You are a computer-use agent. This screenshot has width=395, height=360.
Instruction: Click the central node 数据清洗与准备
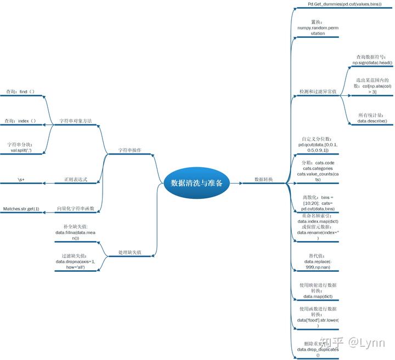point(196,183)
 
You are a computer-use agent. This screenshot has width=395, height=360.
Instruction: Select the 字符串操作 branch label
point(130,150)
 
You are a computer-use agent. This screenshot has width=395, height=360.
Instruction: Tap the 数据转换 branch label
point(263,179)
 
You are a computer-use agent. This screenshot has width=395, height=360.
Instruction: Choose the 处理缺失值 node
point(130,253)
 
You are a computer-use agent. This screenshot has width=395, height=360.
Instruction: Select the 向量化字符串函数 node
point(76,209)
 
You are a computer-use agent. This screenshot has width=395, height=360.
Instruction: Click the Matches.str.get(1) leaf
point(21,209)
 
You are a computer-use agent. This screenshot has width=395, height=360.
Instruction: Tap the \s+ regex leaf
point(21,179)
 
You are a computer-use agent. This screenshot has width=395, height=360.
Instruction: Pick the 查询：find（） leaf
point(20,91)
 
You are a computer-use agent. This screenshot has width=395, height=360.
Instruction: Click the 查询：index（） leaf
point(20,121)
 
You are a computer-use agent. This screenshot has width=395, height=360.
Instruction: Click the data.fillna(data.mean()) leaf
point(75,232)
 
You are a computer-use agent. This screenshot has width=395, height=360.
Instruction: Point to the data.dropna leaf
point(75,265)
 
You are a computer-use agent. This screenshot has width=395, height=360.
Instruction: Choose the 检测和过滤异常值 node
point(318,91)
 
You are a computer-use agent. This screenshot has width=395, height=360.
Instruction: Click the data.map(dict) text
point(318,296)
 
